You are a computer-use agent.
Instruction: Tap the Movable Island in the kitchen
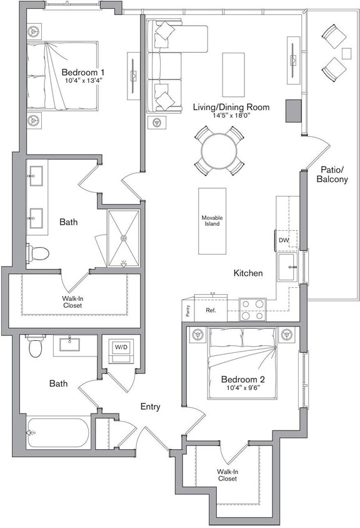pos(212,221)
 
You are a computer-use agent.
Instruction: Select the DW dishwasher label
pos(284,240)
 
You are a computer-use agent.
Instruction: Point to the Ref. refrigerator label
pos(210,310)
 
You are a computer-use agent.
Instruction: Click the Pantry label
pos(187,309)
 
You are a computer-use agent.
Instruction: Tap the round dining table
pos(219,150)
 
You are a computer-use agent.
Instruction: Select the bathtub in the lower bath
pos(59,432)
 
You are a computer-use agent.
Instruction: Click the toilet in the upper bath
pos(38,253)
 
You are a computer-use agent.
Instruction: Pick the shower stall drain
pos(123,238)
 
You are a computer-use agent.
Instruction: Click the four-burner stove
pos(253,310)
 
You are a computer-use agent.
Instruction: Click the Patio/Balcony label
pos(332,175)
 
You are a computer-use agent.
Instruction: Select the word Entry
pos(150,407)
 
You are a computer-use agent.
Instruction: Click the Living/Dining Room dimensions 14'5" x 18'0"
pos(231,116)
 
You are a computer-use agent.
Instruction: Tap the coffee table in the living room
pos(233,69)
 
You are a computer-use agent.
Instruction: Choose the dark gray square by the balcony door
pos(294,111)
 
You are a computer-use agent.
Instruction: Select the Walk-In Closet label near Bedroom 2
pos(227,475)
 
